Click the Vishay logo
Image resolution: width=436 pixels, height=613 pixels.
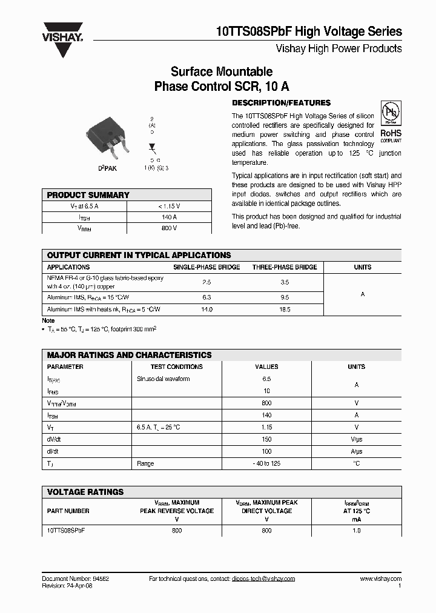(x=62, y=40)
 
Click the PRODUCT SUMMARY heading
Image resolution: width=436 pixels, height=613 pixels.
(x=88, y=195)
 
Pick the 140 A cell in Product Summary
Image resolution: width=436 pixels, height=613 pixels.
(x=169, y=217)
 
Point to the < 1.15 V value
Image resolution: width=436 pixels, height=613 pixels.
(x=169, y=206)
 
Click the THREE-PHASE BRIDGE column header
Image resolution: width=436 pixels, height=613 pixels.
(x=285, y=267)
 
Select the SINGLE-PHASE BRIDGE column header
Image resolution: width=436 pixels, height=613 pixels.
(x=206, y=267)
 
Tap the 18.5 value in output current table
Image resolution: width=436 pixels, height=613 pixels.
(x=285, y=310)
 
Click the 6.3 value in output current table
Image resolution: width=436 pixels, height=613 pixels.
(x=206, y=297)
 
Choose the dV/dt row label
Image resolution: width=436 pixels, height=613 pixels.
(x=54, y=439)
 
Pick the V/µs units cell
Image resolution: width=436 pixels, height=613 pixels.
(x=356, y=439)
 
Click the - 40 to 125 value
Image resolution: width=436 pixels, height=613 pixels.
(x=266, y=463)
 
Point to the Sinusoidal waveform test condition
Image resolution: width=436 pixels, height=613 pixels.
(x=163, y=379)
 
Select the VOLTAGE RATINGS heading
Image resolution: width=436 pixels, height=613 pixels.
(x=85, y=492)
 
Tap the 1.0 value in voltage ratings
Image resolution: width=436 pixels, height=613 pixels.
(x=356, y=530)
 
